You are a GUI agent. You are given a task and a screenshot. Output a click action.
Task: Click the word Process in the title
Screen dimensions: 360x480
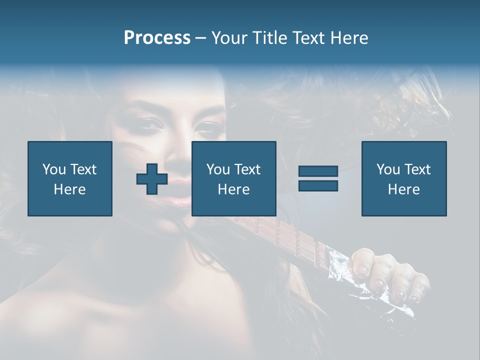point(157,38)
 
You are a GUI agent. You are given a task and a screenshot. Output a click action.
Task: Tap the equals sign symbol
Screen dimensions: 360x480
point(318,178)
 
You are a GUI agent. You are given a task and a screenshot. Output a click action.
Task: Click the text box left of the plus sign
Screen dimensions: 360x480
point(70,178)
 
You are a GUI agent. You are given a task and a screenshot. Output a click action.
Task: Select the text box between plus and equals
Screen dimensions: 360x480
point(233,178)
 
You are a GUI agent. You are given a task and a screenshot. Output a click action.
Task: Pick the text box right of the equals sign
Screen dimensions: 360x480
point(403,178)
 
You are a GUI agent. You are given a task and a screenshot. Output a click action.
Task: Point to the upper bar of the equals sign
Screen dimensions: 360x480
point(318,171)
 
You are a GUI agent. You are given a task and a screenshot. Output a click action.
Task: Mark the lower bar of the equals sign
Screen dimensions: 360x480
point(318,185)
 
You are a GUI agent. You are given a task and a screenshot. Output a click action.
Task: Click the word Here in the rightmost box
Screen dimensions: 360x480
point(403,189)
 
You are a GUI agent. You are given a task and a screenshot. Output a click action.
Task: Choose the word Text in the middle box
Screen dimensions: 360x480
point(248,169)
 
